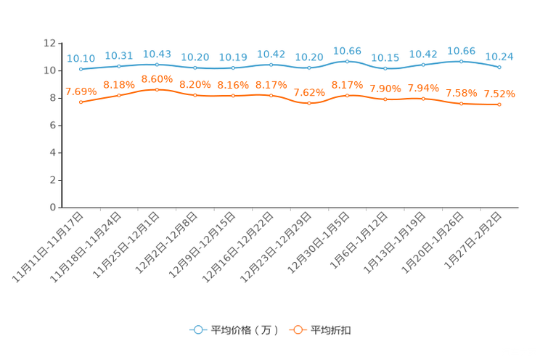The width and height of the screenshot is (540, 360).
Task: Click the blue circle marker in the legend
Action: [x=197, y=330]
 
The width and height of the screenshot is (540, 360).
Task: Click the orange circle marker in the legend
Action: [x=298, y=330]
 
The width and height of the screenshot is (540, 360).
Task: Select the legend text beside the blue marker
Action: [x=244, y=330]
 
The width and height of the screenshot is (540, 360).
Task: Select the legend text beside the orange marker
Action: [x=332, y=330]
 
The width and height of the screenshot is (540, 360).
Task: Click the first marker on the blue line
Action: [x=81, y=69]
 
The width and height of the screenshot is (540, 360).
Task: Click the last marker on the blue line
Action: [x=499, y=67]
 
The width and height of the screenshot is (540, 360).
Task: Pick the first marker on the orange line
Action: [x=81, y=102]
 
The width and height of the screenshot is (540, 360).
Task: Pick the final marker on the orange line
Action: [x=499, y=105]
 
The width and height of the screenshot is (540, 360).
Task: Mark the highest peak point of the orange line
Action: [x=157, y=89]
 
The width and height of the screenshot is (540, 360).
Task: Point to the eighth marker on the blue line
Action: [x=348, y=61]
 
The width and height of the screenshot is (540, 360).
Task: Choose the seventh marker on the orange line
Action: [x=309, y=103]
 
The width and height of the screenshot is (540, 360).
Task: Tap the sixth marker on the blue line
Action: [x=271, y=65]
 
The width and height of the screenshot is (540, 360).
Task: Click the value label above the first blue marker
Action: [x=81, y=58]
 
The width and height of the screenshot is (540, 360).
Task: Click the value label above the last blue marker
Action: [x=499, y=56]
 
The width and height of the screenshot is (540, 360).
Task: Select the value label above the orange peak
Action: [x=157, y=78]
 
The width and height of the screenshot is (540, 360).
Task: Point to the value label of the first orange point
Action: [x=81, y=91]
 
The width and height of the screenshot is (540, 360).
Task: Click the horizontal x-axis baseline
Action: [x=290, y=208]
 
